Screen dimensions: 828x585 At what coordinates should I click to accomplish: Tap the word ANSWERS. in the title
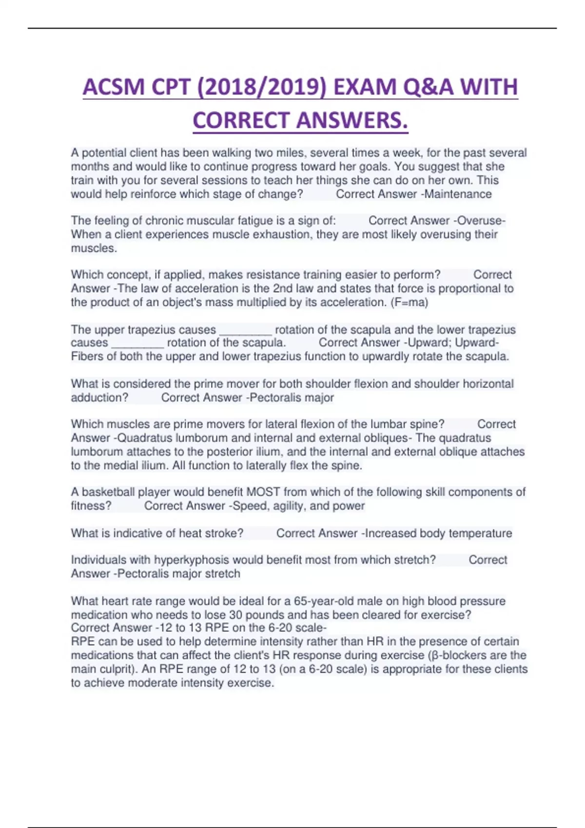tap(351, 120)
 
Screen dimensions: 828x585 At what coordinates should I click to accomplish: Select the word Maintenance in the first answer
tap(458, 194)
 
